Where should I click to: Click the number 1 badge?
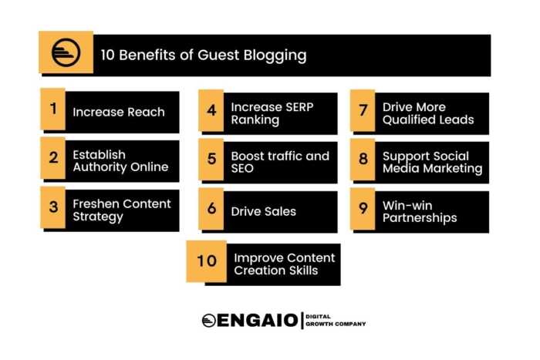pos(53,109)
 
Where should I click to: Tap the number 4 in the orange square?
pos(211,109)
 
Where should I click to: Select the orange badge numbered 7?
pos(363,109)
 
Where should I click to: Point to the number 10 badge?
pos(206,261)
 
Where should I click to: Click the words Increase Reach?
pos(119,113)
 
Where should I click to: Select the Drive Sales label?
pos(264,211)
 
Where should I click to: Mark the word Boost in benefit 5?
pos(249,156)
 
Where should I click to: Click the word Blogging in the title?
pos(273,56)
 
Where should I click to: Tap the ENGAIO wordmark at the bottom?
pos(249,320)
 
